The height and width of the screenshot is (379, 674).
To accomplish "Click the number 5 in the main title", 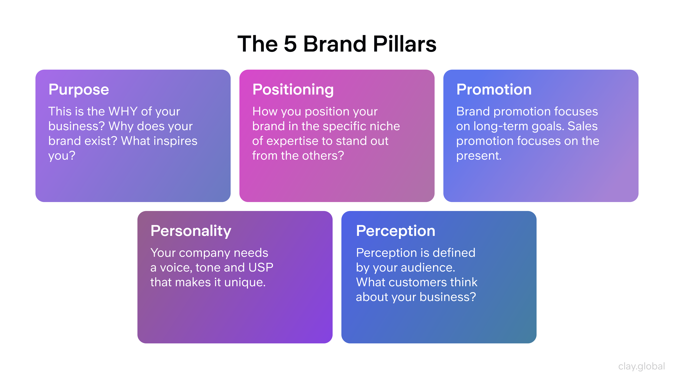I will point(290,44).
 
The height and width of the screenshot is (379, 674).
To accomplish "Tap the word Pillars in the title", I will point(405,44).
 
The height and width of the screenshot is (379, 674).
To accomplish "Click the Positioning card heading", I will point(293,90).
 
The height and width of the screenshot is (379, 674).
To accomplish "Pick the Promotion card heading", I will point(494,90).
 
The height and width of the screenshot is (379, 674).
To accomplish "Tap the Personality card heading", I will point(191,231).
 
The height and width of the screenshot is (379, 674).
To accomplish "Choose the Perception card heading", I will point(396,231).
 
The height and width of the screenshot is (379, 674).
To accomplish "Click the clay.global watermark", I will point(641,366).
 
